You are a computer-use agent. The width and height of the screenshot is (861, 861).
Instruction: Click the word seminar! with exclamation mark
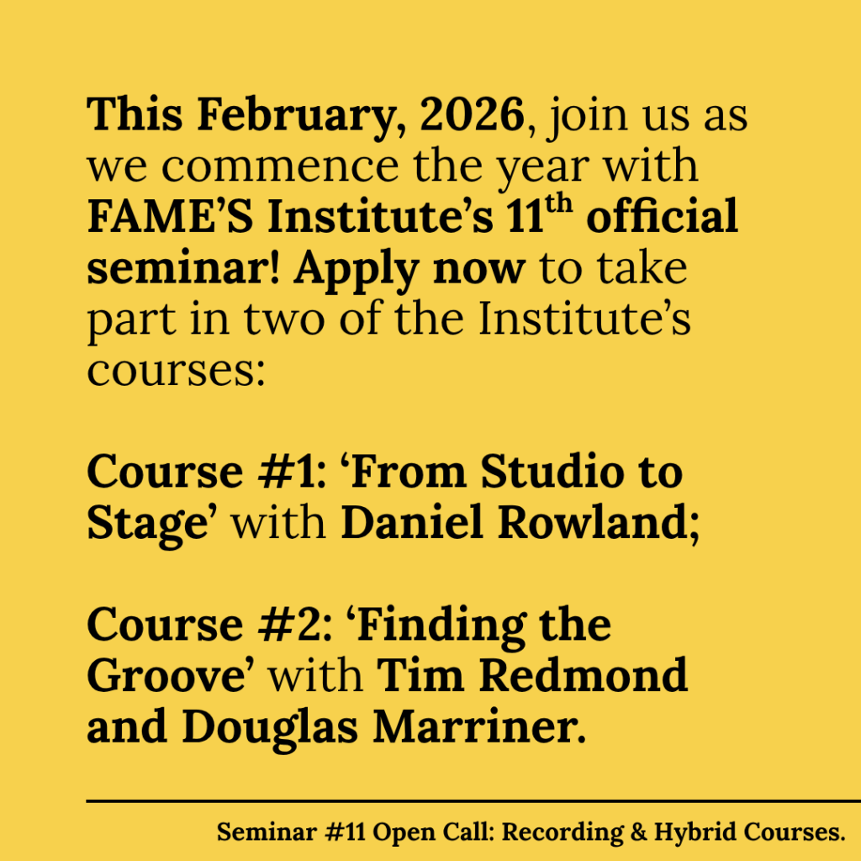[184, 267]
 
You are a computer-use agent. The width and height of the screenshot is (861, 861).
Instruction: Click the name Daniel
[413, 521]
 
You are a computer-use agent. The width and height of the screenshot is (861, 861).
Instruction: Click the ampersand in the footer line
[639, 832]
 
